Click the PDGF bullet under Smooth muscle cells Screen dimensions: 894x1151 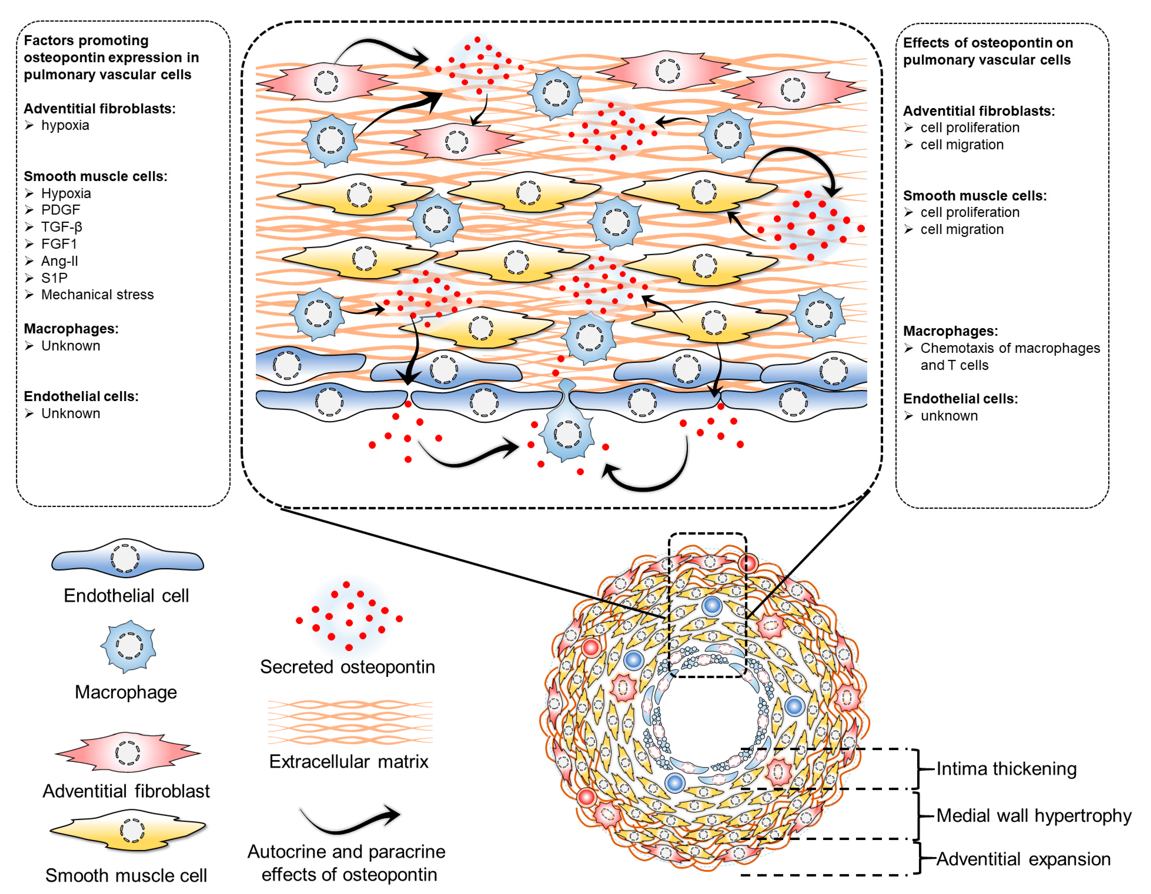pyautogui.click(x=60, y=210)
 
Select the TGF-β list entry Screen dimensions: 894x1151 pyautogui.click(x=61, y=227)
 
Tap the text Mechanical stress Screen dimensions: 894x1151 pyautogui.click(x=97, y=294)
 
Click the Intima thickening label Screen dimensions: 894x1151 pyautogui.click(x=1006, y=769)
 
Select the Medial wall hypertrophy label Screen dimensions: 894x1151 pyautogui.click(x=1033, y=816)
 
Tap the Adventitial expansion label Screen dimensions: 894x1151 pyautogui.click(x=1022, y=859)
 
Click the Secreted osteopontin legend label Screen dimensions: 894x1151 pyautogui.click(x=347, y=667)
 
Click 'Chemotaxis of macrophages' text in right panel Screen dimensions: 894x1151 pyautogui.click(x=1010, y=348)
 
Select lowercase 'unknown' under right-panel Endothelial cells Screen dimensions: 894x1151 pyautogui.click(x=949, y=416)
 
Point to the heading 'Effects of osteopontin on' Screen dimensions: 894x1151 pyautogui.click(x=988, y=43)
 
